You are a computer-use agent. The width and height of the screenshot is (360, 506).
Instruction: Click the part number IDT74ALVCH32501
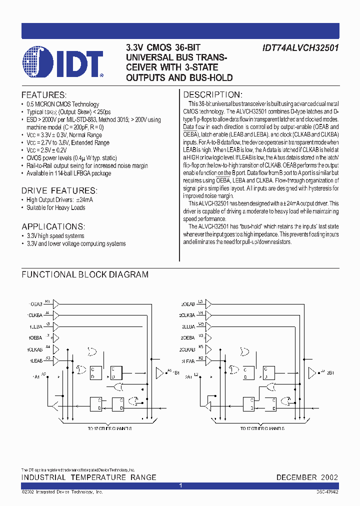(x=300, y=48)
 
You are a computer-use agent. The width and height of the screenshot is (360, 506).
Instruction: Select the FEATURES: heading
(x=44, y=95)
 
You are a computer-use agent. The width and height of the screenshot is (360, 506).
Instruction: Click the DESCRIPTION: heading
(x=213, y=95)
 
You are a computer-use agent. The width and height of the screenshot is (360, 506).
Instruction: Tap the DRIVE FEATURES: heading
(x=59, y=190)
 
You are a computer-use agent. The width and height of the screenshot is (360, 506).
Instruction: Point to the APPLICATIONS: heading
(x=52, y=226)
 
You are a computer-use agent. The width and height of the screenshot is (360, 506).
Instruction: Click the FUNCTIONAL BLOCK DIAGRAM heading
(x=85, y=274)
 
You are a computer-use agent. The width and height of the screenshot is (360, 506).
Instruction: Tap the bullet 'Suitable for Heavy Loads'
(x=56, y=207)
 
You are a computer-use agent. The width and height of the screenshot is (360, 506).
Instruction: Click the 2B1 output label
(x=330, y=373)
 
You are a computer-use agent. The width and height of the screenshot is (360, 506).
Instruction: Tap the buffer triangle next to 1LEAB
(x=56, y=360)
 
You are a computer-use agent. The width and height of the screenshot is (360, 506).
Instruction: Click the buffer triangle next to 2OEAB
(x=209, y=303)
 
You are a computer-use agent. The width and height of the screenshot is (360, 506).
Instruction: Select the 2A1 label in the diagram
(x=188, y=376)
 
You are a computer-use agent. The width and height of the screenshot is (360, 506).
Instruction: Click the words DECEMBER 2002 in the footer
(x=307, y=477)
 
